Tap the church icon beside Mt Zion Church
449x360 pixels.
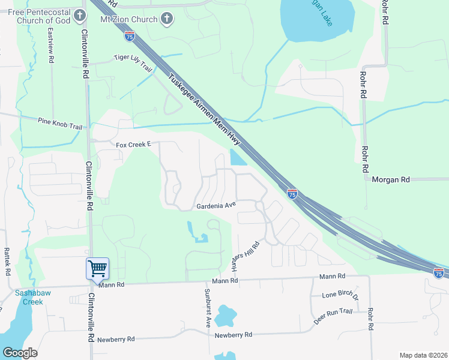pos(168,19)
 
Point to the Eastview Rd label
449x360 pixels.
pos(51,45)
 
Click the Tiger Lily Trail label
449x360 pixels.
pos(134,62)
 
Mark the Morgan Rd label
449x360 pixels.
pos(391,179)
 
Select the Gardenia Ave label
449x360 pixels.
pos(216,206)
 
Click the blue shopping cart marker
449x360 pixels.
pos(97,268)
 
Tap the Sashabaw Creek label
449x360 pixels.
pos(29,298)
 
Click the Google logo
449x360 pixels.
pos(20,353)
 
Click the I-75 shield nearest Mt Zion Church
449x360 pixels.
pos(130,37)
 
